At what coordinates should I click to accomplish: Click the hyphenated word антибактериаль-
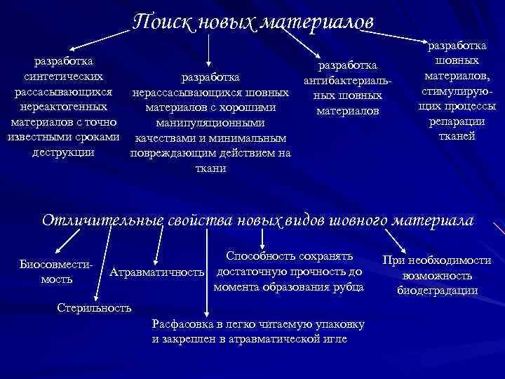348,81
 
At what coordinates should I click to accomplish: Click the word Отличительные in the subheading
103,220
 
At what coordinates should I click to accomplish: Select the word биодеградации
436,291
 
